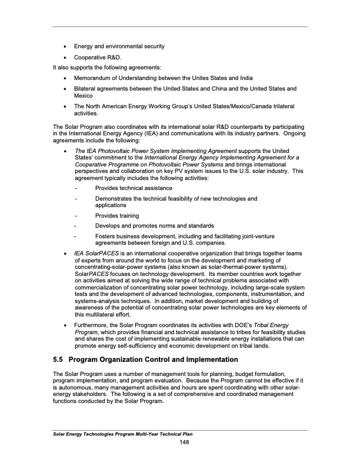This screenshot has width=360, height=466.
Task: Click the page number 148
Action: pyautogui.click(x=184, y=442)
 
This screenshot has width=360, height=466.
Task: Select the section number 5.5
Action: pyautogui.click(x=59, y=360)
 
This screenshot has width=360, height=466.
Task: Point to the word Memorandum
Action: pyautogui.click(x=96, y=78)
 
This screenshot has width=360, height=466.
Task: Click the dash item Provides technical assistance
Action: pyautogui.click(x=134, y=188)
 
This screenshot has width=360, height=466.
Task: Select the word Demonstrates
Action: pyautogui.click(x=117, y=199)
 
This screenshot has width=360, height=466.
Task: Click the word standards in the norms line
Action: pyautogui.click(x=199, y=226)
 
